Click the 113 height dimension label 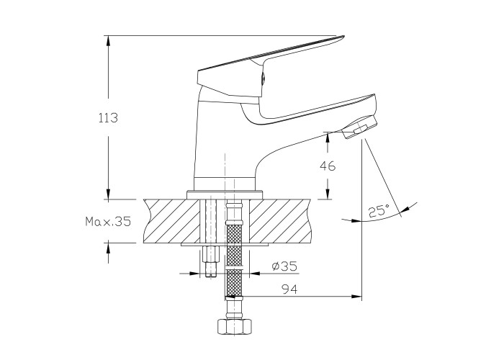(x=108, y=118)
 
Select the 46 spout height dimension (x=328, y=166)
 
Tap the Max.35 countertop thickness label (x=108, y=221)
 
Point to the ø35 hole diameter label (x=284, y=266)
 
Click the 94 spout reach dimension (x=289, y=289)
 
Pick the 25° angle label (x=379, y=210)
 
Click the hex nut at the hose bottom (x=234, y=327)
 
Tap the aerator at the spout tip (x=359, y=127)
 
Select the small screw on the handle (x=263, y=78)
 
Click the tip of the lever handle (x=343, y=37)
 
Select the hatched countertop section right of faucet (x=280, y=221)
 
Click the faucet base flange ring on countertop (x=225, y=195)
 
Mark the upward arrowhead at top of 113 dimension (x=108, y=40)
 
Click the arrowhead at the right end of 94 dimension (x=356, y=297)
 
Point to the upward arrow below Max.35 (x=108, y=253)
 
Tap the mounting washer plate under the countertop (x=225, y=245)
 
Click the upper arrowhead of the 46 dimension (x=328, y=138)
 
